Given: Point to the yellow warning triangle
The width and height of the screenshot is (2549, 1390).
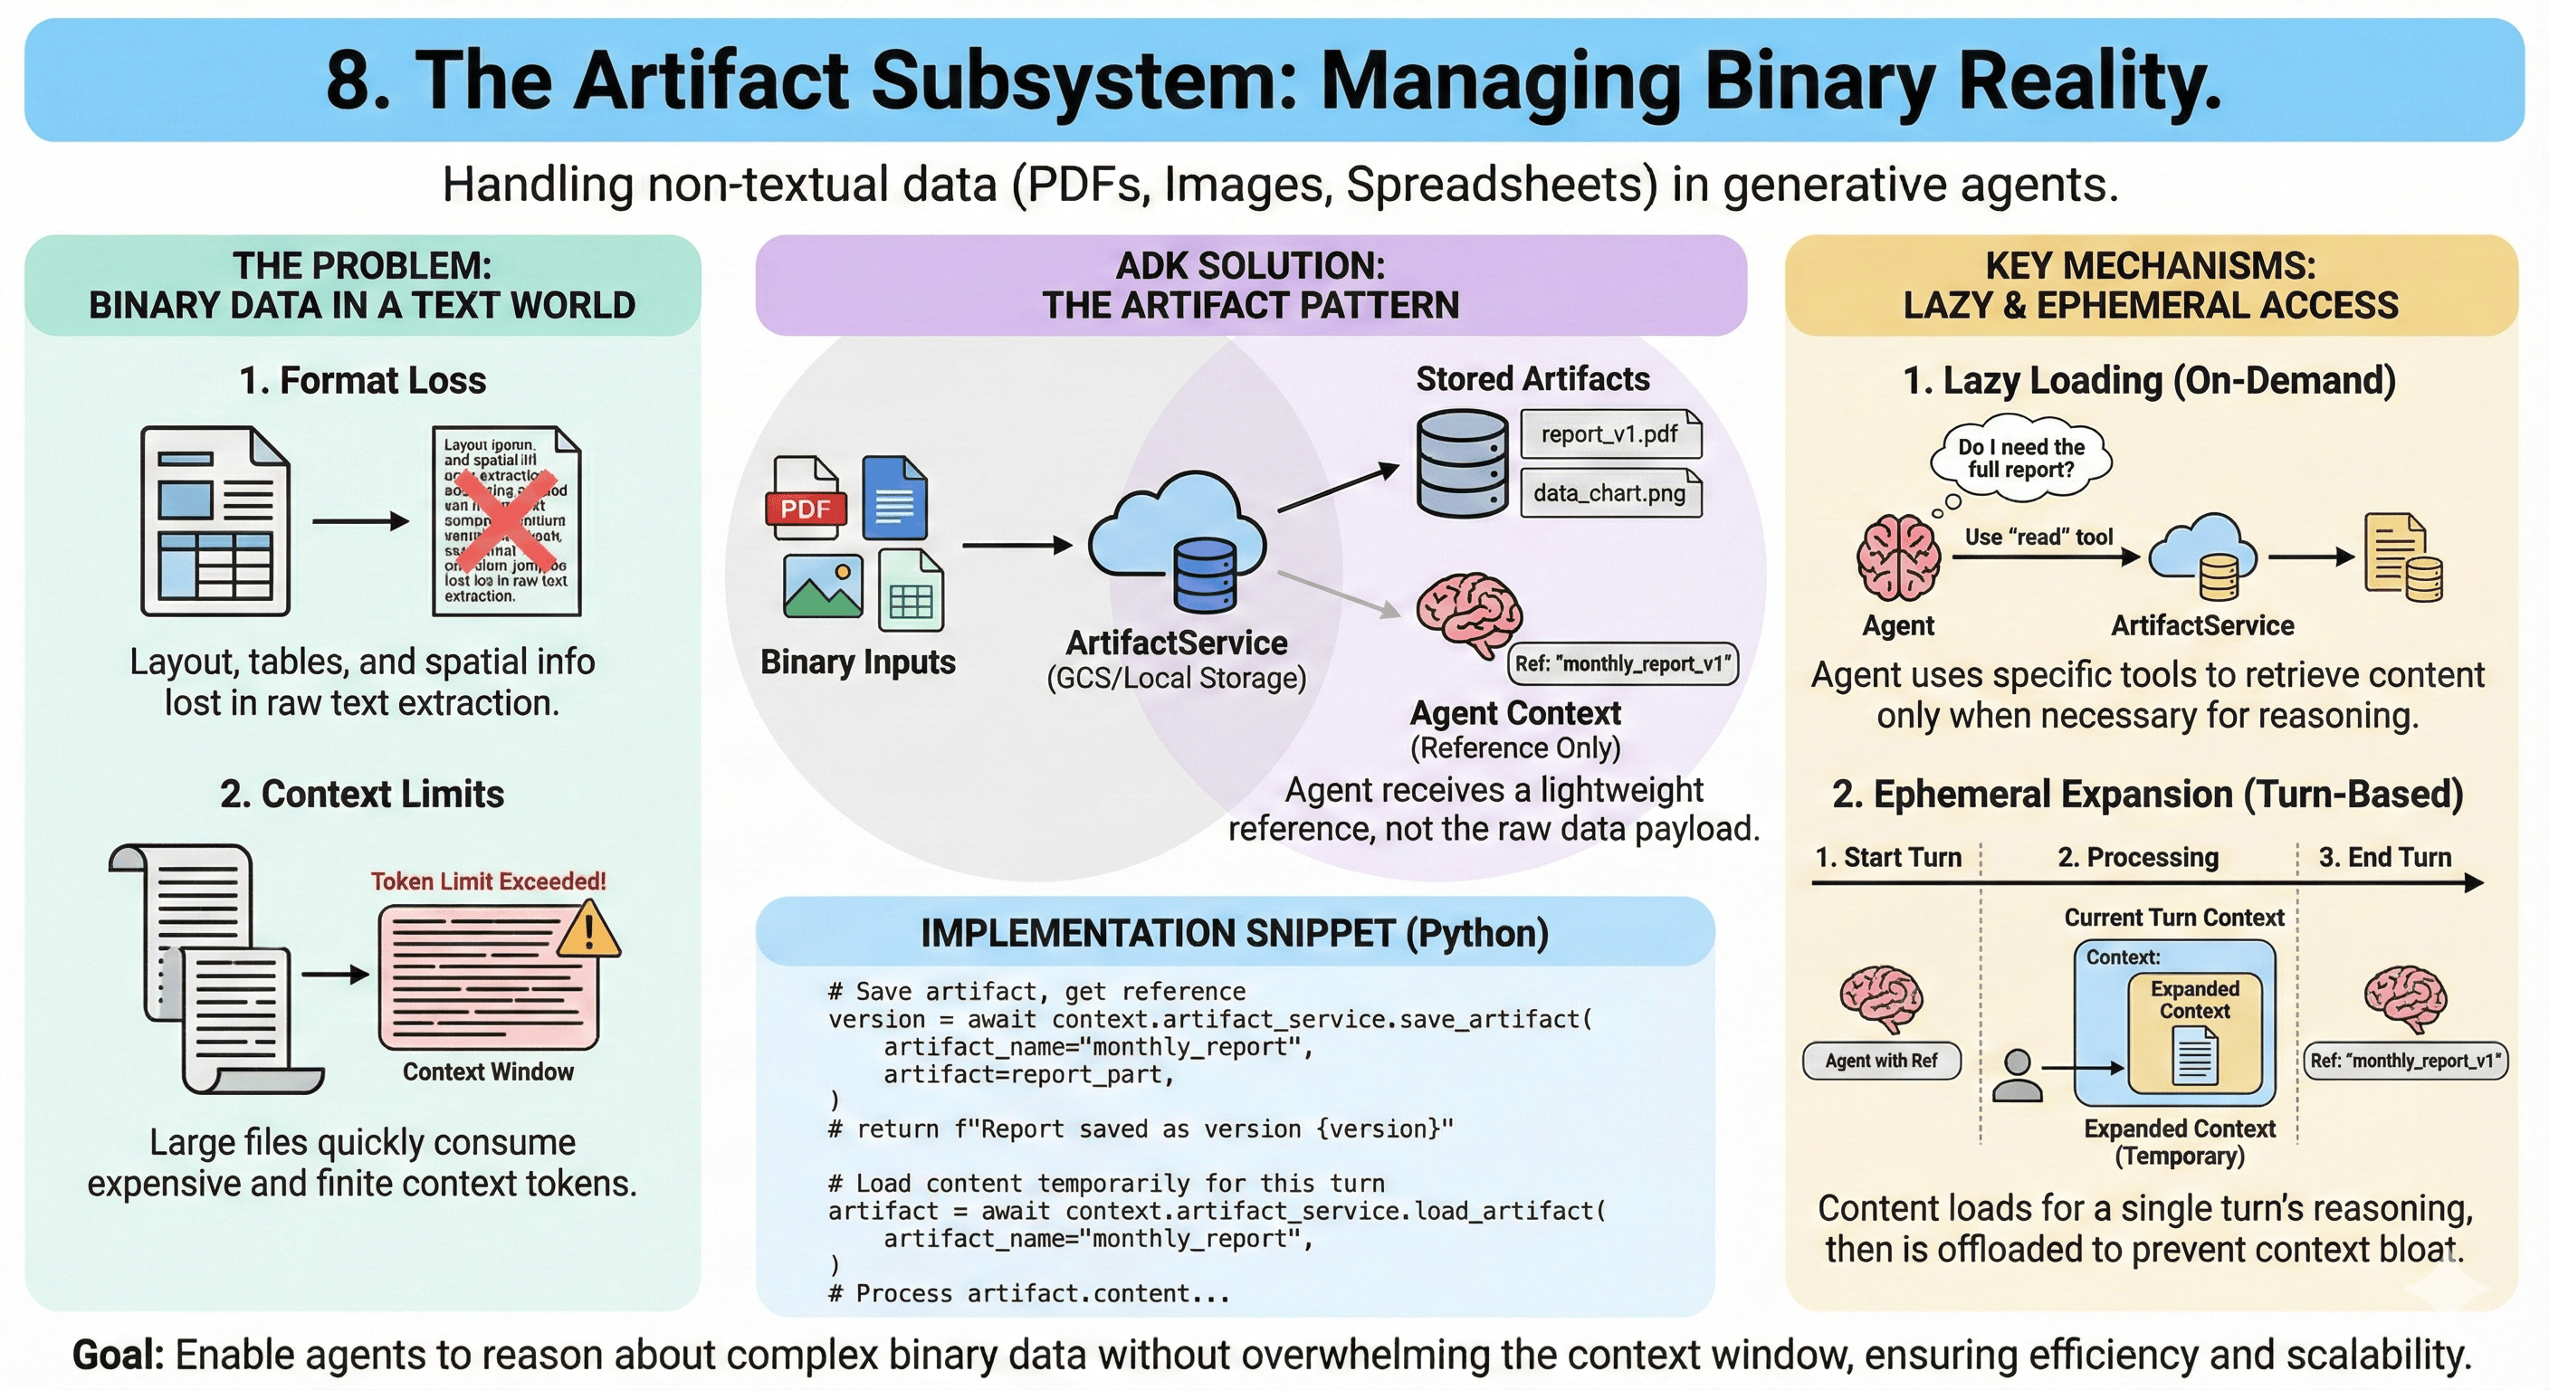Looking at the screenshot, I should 588,931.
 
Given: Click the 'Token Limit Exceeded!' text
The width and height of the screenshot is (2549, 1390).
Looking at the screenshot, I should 488,881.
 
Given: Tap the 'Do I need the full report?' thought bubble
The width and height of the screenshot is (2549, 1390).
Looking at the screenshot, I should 2020,458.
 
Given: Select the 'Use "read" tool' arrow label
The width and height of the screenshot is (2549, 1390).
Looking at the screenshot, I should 2038,537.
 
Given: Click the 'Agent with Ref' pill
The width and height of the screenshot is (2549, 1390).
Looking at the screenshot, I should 1881,1061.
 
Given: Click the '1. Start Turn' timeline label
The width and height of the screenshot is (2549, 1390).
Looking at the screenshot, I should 1888,857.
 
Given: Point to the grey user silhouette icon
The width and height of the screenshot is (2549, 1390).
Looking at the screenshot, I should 2018,1075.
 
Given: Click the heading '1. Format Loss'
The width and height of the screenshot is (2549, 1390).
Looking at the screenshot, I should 362,380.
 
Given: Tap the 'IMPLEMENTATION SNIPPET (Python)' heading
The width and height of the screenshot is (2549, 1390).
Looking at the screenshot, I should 1234,933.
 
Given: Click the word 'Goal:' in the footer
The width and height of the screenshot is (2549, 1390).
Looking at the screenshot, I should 118,1355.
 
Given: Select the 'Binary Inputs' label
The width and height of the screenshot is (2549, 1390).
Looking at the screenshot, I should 858,662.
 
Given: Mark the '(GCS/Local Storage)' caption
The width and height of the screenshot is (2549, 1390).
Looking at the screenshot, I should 1177,679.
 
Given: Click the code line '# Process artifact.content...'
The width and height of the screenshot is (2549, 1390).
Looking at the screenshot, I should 1029,1293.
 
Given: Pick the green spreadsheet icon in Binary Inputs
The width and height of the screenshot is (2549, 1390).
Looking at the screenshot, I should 911,592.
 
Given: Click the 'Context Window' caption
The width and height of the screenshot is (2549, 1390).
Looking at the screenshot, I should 488,1071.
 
